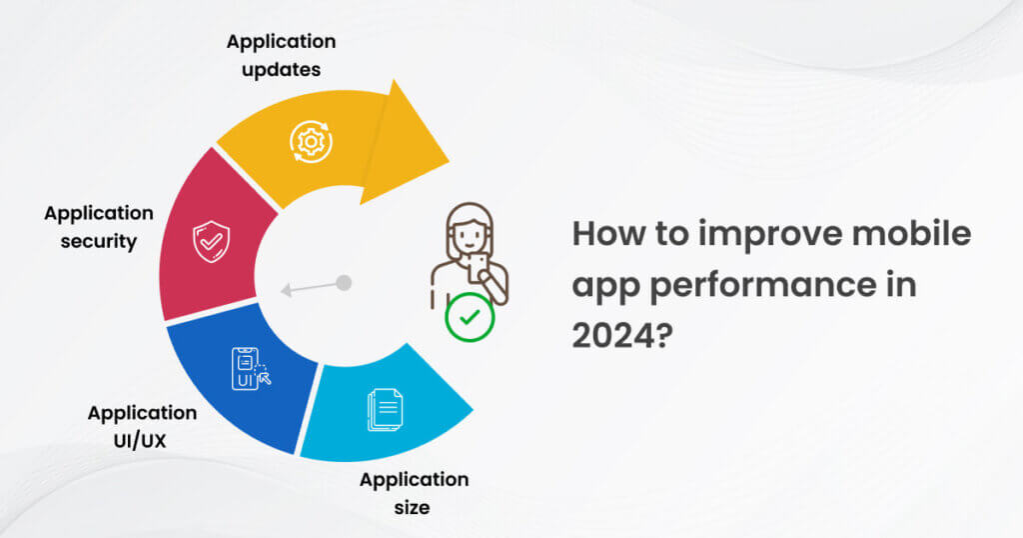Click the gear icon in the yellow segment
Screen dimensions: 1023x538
tap(312, 141)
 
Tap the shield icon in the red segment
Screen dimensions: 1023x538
tap(211, 242)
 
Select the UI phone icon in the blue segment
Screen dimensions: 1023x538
tap(251, 369)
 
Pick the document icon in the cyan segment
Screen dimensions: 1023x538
tap(385, 409)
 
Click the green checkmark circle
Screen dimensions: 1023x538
tap(470, 317)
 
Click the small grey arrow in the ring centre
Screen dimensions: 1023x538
tap(310, 288)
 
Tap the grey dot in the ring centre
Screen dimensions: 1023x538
tap(344, 283)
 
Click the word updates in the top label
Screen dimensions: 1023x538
tap(281, 70)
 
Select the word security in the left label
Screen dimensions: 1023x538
tap(99, 242)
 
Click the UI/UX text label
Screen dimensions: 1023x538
tap(140, 441)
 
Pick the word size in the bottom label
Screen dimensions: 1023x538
tap(412, 507)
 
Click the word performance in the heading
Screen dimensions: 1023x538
tap(762, 285)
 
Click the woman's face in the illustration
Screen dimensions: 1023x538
tap(470, 231)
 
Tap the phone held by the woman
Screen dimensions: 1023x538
tap(477, 267)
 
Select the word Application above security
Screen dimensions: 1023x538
tap(99, 214)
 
